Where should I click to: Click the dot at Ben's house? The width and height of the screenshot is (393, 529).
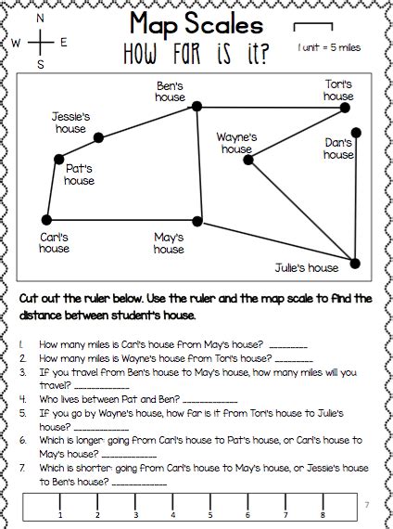point(196,109)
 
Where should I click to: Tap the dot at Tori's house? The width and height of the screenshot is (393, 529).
point(345,108)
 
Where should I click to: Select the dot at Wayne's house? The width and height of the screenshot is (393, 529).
point(248,160)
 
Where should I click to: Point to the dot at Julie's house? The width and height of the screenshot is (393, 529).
point(355,264)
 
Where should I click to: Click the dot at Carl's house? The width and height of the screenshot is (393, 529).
point(46,220)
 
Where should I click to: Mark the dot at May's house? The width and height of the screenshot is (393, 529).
point(197,221)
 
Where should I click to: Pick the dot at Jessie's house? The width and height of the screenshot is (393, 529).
point(99,138)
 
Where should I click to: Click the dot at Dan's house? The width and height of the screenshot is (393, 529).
point(356,133)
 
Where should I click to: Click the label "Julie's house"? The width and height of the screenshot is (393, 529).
point(307,268)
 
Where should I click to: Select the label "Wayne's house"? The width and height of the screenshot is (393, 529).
point(236,143)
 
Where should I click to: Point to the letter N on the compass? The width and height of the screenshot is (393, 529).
point(41,18)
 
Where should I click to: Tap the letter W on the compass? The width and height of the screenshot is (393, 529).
point(17,42)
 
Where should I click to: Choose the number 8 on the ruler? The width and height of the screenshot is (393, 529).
point(323,514)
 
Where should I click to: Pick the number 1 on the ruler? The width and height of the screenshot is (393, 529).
point(60,514)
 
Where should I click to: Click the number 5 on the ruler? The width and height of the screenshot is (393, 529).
point(210,514)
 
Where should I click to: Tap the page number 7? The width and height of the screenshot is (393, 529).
point(367,504)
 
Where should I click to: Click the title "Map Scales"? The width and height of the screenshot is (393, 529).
point(196,22)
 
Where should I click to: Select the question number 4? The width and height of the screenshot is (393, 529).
point(21,397)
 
